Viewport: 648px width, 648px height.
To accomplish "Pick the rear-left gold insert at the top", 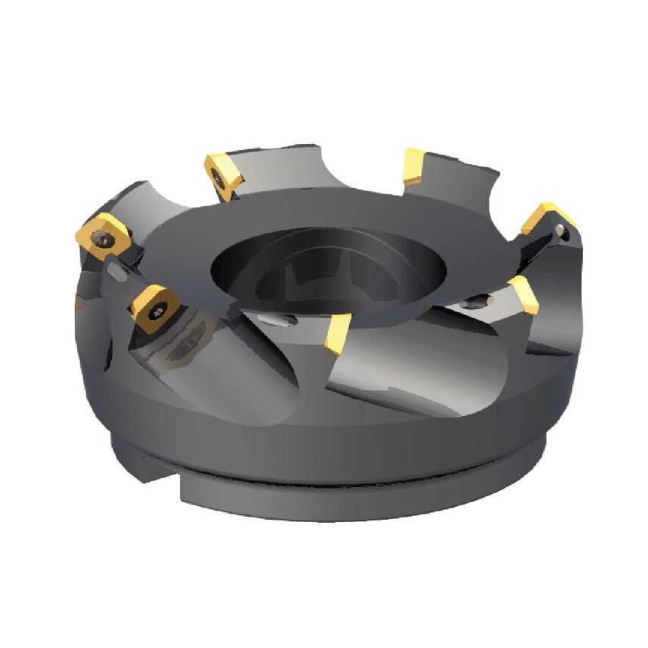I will (x=224, y=174).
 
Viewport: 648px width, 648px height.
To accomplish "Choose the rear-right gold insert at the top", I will (x=414, y=165).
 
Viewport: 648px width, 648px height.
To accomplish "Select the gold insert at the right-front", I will (x=524, y=294).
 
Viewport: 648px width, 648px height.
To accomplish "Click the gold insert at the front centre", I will (x=338, y=335).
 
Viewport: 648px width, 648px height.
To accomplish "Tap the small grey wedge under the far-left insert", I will (x=121, y=269).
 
